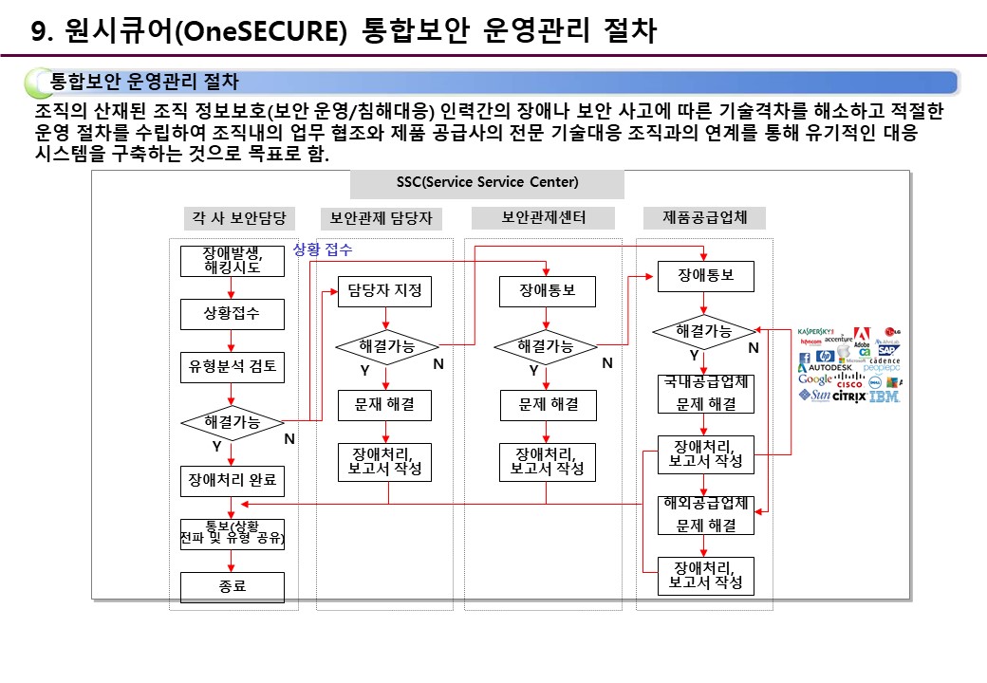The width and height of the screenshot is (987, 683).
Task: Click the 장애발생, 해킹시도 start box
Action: click(233, 260)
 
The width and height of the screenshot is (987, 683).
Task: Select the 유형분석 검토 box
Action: click(233, 366)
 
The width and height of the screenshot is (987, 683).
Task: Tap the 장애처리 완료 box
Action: click(233, 481)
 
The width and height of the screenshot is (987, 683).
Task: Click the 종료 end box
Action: click(233, 586)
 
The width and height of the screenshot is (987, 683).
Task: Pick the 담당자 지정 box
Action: click(384, 290)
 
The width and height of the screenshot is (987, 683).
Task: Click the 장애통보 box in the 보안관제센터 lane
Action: click(547, 290)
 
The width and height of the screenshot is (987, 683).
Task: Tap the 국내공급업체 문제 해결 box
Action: click(706, 394)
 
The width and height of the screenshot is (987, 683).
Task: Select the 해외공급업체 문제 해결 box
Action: click(706, 514)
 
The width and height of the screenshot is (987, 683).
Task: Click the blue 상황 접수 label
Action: click(323, 249)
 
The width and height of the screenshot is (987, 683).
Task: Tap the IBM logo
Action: click(885, 396)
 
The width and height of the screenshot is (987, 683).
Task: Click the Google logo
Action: click(814, 379)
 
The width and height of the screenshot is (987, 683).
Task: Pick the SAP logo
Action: click(887, 350)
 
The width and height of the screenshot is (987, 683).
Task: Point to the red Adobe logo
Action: click(862, 336)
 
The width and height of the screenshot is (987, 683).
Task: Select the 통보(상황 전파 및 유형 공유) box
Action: click(233, 532)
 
